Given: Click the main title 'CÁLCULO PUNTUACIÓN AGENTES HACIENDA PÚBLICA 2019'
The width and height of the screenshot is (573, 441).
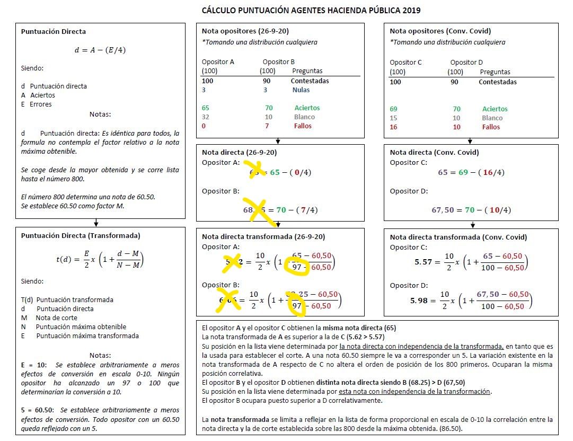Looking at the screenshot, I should click(311, 10).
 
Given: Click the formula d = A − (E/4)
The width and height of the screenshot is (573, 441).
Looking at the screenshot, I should click(100, 50).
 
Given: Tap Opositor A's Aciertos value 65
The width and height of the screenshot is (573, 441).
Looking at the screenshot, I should click(206, 108).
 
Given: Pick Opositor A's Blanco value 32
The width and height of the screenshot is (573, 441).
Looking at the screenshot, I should click(206, 117).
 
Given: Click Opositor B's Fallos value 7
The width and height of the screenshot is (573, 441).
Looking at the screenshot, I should click(267, 126).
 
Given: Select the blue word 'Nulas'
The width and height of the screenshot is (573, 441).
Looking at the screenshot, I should click(301, 90).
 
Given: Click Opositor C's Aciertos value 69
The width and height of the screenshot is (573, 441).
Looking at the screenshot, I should click(393, 109).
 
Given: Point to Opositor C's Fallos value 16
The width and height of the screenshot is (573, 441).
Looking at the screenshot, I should click(393, 127).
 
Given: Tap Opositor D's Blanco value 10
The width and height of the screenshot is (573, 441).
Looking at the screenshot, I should click(456, 118).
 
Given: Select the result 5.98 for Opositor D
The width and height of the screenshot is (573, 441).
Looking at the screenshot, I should click(418, 301).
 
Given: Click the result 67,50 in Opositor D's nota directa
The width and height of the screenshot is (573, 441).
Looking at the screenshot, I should click(443, 210).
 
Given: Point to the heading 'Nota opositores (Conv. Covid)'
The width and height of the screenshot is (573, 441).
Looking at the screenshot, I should click(440, 31).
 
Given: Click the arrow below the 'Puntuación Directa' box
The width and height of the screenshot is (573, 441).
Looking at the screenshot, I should click(96, 223).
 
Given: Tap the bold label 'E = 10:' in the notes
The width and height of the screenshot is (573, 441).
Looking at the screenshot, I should click(34, 365).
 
